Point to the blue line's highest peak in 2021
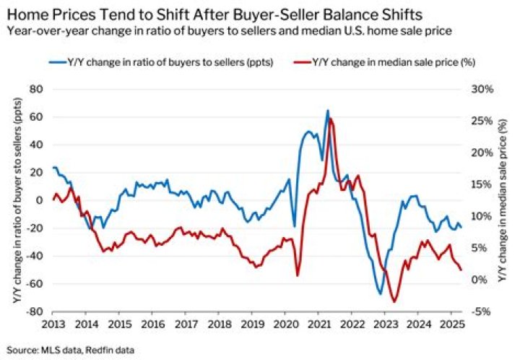(x=327, y=111)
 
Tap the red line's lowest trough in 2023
(x=394, y=301)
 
